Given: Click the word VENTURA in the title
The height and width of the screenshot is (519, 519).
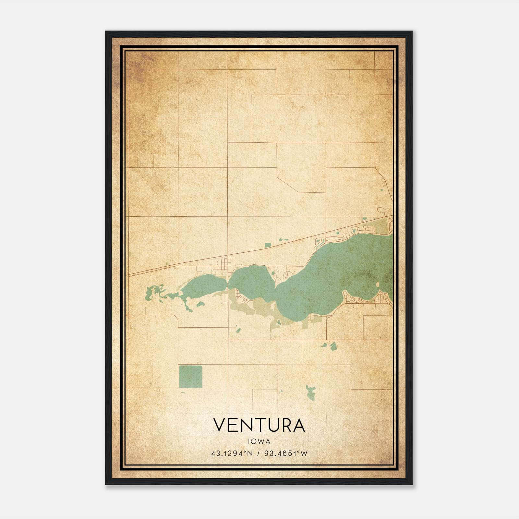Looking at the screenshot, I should (x=259, y=425).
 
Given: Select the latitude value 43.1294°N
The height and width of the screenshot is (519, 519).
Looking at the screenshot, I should (x=232, y=453).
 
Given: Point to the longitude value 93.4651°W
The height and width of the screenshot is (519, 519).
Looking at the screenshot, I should (x=285, y=453).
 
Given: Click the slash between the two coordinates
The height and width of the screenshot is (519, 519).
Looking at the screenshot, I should (x=259, y=453).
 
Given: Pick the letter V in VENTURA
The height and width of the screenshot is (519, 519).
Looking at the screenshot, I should (x=220, y=425).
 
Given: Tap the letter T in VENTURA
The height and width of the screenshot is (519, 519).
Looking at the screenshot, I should (x=260, y=425).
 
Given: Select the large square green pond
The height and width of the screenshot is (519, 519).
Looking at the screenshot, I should (x=190, y=377).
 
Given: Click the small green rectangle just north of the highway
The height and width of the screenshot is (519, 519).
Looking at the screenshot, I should (x=268, y=245).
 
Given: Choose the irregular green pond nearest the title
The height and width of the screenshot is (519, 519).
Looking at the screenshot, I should (x=311, y=392).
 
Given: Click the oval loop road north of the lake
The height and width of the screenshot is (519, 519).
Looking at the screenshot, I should (x=286, y=274).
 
